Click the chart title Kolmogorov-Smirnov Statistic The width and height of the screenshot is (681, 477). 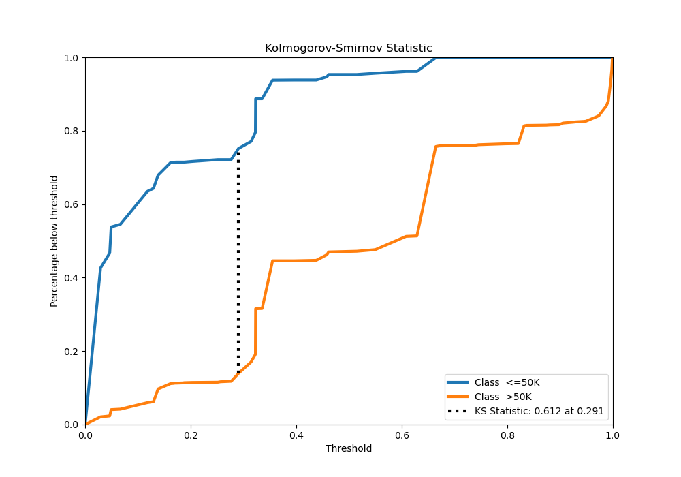tap(349, 48)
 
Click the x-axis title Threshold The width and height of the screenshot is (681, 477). tap(349, 448)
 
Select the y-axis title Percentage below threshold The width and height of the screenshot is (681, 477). tap(54, 241)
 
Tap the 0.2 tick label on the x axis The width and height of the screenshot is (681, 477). tap(191, 434)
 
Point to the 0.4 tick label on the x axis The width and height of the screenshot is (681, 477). tap(296, 434)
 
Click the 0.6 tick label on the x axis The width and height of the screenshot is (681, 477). tap(402, 434)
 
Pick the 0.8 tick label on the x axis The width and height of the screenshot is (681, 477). tap(507, 434)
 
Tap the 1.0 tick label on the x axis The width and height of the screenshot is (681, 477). tap(613, 434)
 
